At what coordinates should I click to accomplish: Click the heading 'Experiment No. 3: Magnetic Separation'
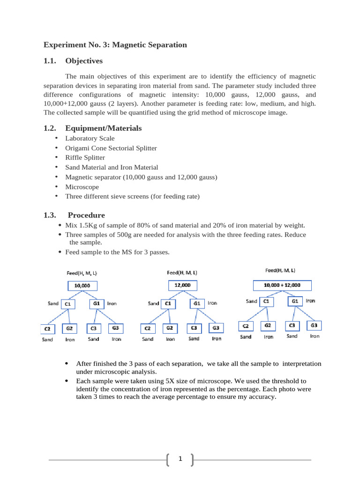[x=115, y=45]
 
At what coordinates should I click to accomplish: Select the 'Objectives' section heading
[x=84, y=61]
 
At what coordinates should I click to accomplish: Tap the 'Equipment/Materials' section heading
[x=103, y=128]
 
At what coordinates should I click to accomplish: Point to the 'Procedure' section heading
[x=86, y=215]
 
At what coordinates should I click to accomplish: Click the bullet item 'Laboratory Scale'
[x=90, y=138]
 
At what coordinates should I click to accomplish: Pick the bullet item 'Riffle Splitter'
[x=85, y=157]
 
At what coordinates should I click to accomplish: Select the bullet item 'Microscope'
[x=82, y=187]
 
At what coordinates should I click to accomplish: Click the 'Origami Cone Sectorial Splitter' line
[x=111, y=148]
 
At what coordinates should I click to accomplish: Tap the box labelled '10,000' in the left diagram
[x=82, y=285]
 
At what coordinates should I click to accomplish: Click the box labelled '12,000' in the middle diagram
[x=182, y=285]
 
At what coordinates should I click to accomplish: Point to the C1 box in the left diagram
[x=68, y=304]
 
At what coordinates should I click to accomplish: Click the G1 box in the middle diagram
[x=197, y=303]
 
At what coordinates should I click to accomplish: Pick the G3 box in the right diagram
[x=314, y=325]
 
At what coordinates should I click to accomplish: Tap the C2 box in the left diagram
[x=47, y=329]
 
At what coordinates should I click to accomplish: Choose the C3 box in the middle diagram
[x=194, y=328]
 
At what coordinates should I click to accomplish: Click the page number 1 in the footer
[x=180, y=460]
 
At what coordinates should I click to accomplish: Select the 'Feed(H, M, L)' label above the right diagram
[x=280, y=270]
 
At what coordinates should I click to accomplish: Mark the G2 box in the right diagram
[x=267, y=325]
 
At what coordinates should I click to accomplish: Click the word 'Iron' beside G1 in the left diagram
[x=112, y=304]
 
